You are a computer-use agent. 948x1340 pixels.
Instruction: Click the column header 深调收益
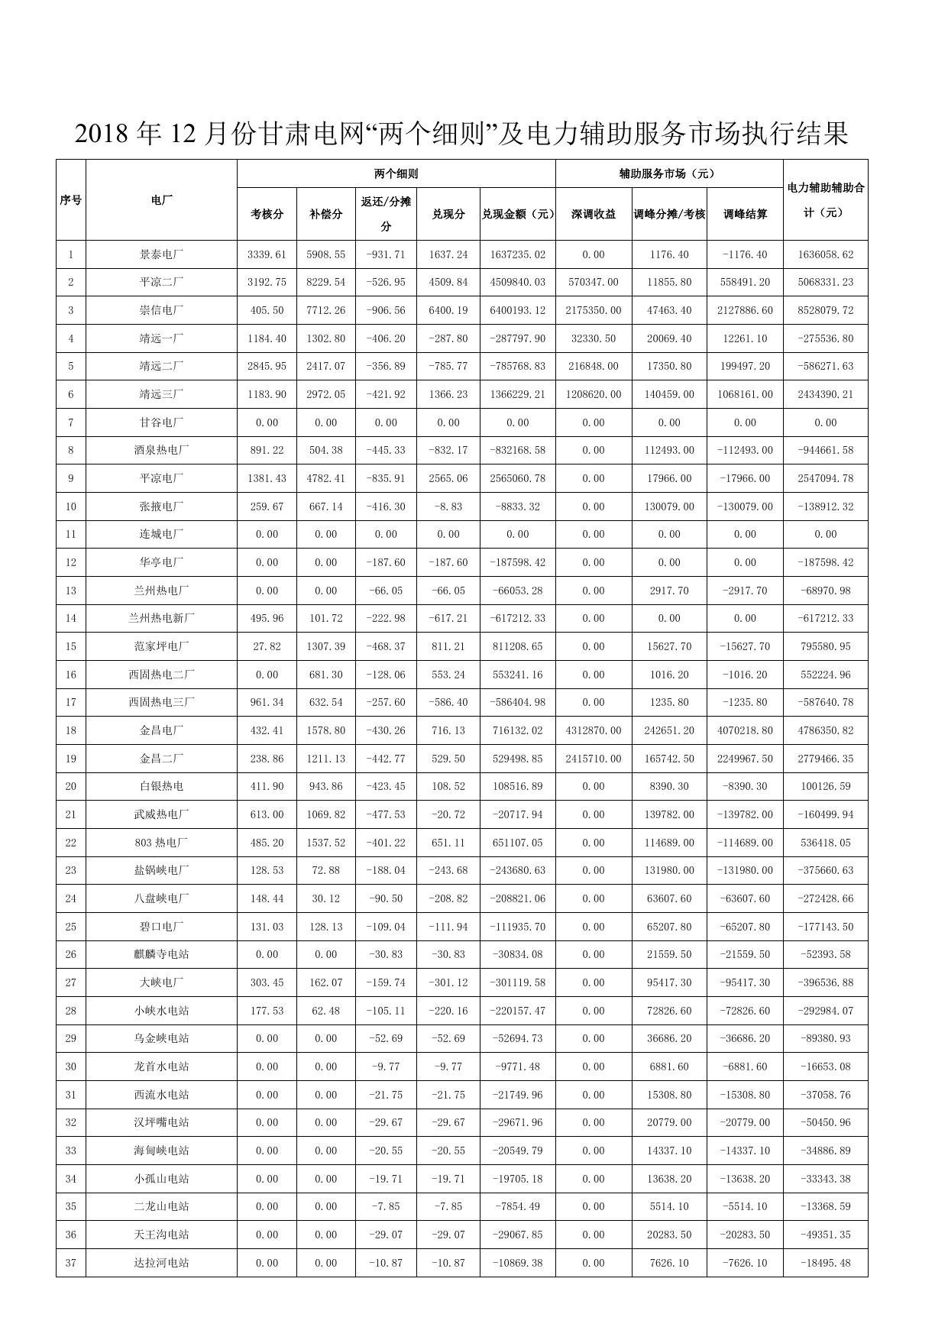(x=594, y=214)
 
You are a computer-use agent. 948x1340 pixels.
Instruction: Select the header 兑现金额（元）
(x=517, y=214)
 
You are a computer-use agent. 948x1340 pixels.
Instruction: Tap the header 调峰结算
(x=745, y=214)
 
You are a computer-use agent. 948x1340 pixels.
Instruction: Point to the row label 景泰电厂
(x=161, y=254)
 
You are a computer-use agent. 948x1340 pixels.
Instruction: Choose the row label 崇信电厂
(x=161, y=310)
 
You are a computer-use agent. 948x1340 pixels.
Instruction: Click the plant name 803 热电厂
(x=161, y=843)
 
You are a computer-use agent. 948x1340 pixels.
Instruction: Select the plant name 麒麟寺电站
(x=161, y=954)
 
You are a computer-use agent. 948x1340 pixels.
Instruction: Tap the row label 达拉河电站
(x=161, y=1263)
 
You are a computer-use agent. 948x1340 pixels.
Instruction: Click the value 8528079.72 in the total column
(x=825, y=310)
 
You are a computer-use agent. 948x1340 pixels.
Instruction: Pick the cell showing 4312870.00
(x=594, y=730)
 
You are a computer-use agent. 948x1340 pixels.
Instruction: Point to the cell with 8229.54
(x=325, y=282)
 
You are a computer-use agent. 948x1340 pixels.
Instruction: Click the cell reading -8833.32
(x=517, y=507)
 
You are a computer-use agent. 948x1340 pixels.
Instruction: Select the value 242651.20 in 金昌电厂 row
(x=668, y=730)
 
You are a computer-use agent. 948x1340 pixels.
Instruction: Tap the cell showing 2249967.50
(x=745, y=759)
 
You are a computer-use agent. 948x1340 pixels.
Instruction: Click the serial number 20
(x=71, y=786)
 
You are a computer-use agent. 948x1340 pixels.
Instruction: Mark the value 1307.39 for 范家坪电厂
(x=325, y=646)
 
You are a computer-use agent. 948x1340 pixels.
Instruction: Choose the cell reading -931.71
(x=386, y=254)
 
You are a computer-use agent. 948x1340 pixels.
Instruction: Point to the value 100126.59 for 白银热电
(x=825, y=786)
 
